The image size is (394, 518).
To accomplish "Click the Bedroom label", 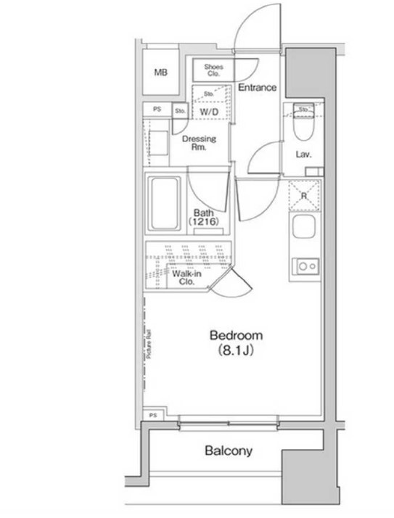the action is pyautogui.click(x=237, y=336).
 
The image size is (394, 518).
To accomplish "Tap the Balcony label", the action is pyautogui.click(x=229, y=451).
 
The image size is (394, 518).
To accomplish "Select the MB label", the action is pyautogui.click(x=160, y=72).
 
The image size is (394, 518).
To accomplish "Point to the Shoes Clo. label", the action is pyautogui.click(x=213, y=70).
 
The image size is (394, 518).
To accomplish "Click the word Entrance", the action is pyautogui.click(x=257, y=88).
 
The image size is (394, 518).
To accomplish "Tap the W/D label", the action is pyautogui.click(x=209, y=112).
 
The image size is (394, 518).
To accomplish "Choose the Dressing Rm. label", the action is pyautogui.click(x=199, y=143).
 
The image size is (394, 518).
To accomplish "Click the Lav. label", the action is pyautogui.click(x=303, y=155).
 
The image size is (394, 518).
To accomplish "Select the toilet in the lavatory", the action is pyautogui.click(x=303, y=123).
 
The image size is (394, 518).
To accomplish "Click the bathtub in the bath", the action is pyautogui.click(x=164, y=203).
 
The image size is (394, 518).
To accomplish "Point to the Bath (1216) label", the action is pyautogui.click(x=204, y=217).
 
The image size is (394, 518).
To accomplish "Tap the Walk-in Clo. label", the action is pyautogui.click(x=186, y=277).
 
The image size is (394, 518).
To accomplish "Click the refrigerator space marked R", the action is pyautogui.click(x=304, y=196).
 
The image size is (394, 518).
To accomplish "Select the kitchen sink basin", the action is pyautogui.click(x=304, y=226).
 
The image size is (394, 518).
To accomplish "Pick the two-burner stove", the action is pyautogui.click(x=305, y=266).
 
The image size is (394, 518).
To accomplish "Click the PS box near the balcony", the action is pyautogui.click(x=153, y=415).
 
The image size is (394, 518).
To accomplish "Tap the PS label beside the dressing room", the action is pyautogui.click(x=157, y=109).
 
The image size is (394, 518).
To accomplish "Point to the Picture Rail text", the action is pyautogui.click(x=149, y=344).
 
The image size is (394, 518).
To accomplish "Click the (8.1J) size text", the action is pyautogui.click(x=236, y=350).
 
